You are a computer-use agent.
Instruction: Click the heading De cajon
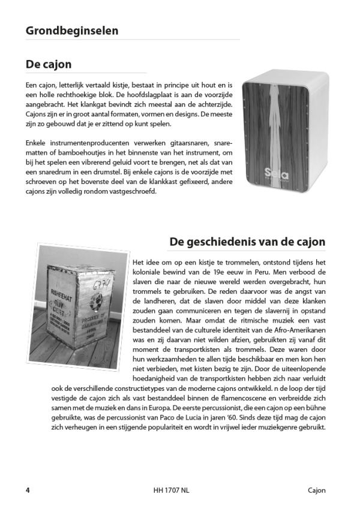coord(49,64)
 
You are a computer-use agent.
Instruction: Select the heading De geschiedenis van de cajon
coord(248,242)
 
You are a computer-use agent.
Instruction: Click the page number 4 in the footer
coord(28,490)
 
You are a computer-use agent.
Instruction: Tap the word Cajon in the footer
coord(314,490)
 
